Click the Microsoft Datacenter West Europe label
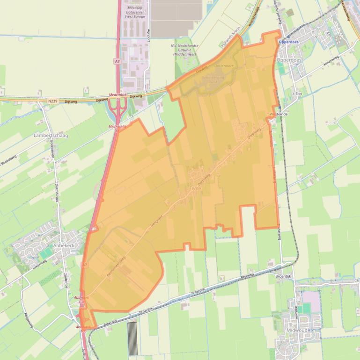[135, 12]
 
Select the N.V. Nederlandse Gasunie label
[187, 50]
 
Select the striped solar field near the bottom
[133, 338]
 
